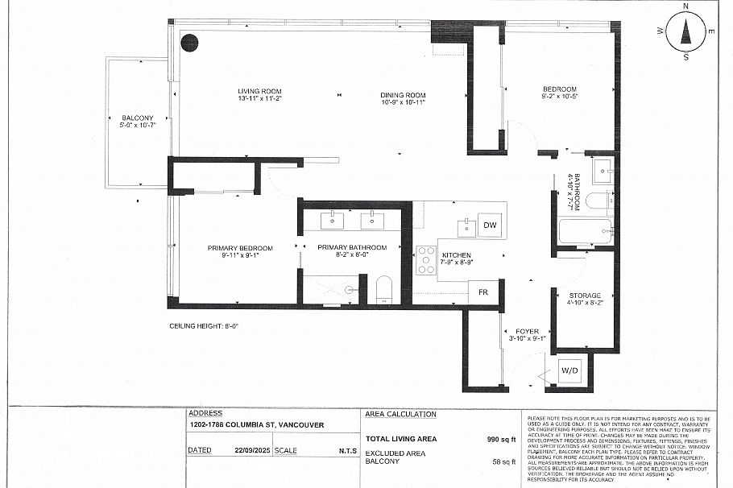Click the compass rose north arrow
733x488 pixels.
pyautogui.click(x=686, y=31)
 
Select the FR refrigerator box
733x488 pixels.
pyautogui.click(x=483, y=292)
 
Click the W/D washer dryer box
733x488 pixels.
pyautogui.click(x=569, y=371)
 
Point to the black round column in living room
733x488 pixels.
pyautogui.click(x=189, y=43)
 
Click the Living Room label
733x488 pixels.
pyautogui.click(x=259, y=90)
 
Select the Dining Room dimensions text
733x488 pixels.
pyautogui.click(x=403, y=103)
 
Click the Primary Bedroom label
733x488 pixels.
pyautogui.click(x=240, y=247)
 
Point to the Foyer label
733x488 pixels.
pyautogui.click(x=528, y=331)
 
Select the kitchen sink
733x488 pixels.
pyautogui.click(x=466, y=228)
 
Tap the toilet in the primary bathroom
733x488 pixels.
pyautogui.click(x=383, y=288)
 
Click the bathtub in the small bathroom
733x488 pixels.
pyautogui.click(x=584, y=233)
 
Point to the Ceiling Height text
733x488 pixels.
pyautogui.click(x=204, y=325)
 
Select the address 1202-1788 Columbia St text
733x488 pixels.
pyautogui.click(x=245, y=425)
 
